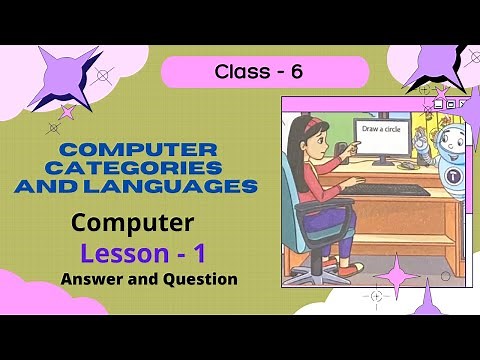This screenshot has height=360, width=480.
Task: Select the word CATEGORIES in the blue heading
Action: [x=137, y=166]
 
